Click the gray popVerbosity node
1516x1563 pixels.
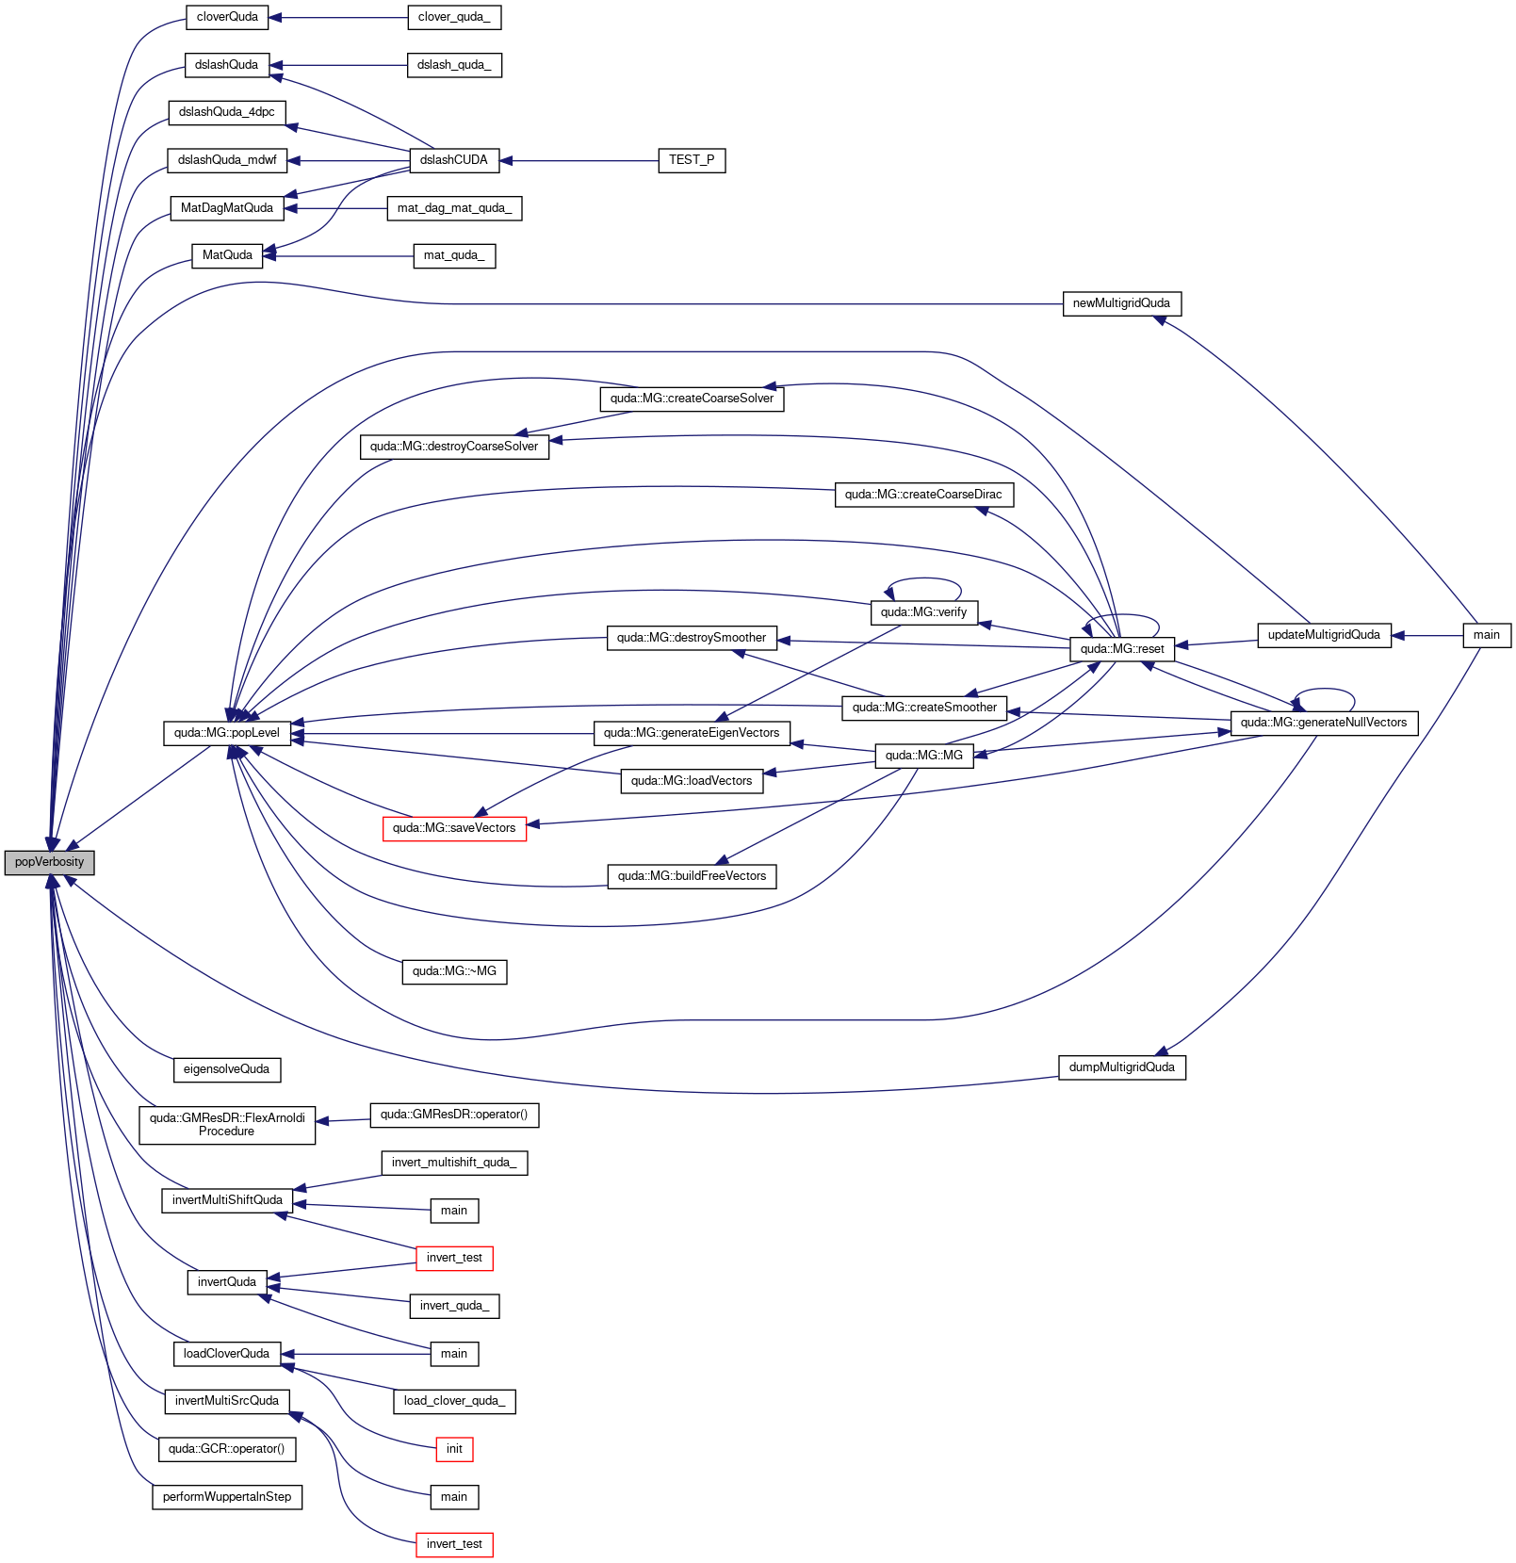[x=49, y=862]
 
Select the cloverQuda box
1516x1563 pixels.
[x=227, y=17]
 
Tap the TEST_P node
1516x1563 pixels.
[x=692, y=160]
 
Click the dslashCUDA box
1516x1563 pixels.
[x=454, y=160]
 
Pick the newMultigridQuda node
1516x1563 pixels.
[x=1121, y=303]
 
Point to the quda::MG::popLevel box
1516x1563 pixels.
[x=227, y=733]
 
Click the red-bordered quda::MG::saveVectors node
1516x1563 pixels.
[x=454, y=828]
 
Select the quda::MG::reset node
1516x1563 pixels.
[x=1122, y=649]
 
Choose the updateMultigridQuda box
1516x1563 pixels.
[x=1324, y=635]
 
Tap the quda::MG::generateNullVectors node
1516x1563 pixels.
[x=1324, y=723]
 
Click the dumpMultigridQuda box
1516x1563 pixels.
[x=1122, y=1067]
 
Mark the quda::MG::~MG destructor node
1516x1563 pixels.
[x=454, y=971]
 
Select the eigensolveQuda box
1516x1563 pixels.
[x=227, y=1069]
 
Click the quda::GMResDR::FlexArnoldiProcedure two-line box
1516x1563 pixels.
[x=227, y=1125]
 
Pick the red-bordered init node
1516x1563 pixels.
[x=454, y=1449]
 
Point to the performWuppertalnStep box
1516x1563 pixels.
[x=227, y=1497]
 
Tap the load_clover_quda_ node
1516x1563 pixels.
[x=454, y=1401]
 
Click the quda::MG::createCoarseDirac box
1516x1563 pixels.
[x=924, y=495]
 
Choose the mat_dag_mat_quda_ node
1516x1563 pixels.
[x=454, y=208]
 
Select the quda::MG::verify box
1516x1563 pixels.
[x=924, y=612]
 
